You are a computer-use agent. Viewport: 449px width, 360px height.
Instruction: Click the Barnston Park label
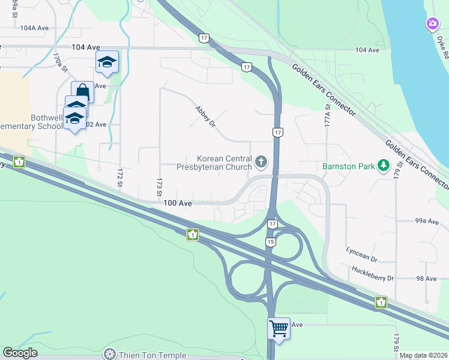click(348, 165)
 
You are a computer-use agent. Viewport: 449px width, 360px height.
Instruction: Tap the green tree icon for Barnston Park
click(383, 165)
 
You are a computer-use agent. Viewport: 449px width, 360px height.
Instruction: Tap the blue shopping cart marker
click(279, 328)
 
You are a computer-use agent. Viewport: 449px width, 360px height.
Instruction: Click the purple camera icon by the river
click(432, 24)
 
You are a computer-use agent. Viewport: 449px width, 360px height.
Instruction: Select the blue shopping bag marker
click(82, 92)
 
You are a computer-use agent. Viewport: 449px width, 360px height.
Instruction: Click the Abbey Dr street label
click(204, 116)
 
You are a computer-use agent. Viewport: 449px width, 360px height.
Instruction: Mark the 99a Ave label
click(427, 221)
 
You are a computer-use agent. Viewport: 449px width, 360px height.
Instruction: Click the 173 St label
click(160, 186)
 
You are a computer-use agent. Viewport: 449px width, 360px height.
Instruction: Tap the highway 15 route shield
click(271, 241)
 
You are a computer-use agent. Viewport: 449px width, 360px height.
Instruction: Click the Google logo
click(20, 353)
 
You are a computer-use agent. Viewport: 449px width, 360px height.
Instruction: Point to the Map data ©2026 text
click(423, 355)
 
